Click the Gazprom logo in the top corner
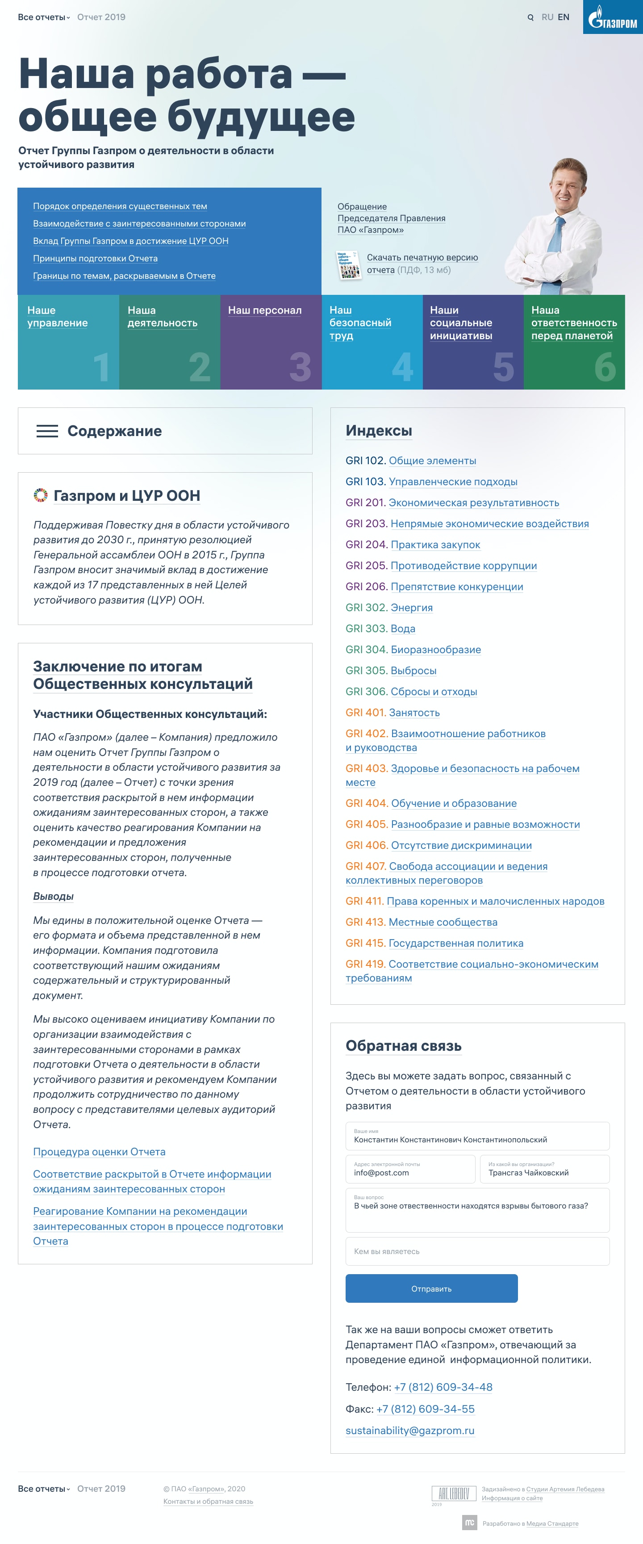point(613,17)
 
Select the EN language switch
point(564,17)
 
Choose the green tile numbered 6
point(574,342)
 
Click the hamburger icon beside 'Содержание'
point(47,431)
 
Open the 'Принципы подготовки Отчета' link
point(95,258)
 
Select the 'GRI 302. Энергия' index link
point(411,608)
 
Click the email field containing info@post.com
point(410,1169)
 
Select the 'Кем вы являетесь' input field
point(477,1251)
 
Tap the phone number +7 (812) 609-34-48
point(443,1387)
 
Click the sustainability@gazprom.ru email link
point(410,1430)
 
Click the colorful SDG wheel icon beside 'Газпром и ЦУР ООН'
point(40,495)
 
